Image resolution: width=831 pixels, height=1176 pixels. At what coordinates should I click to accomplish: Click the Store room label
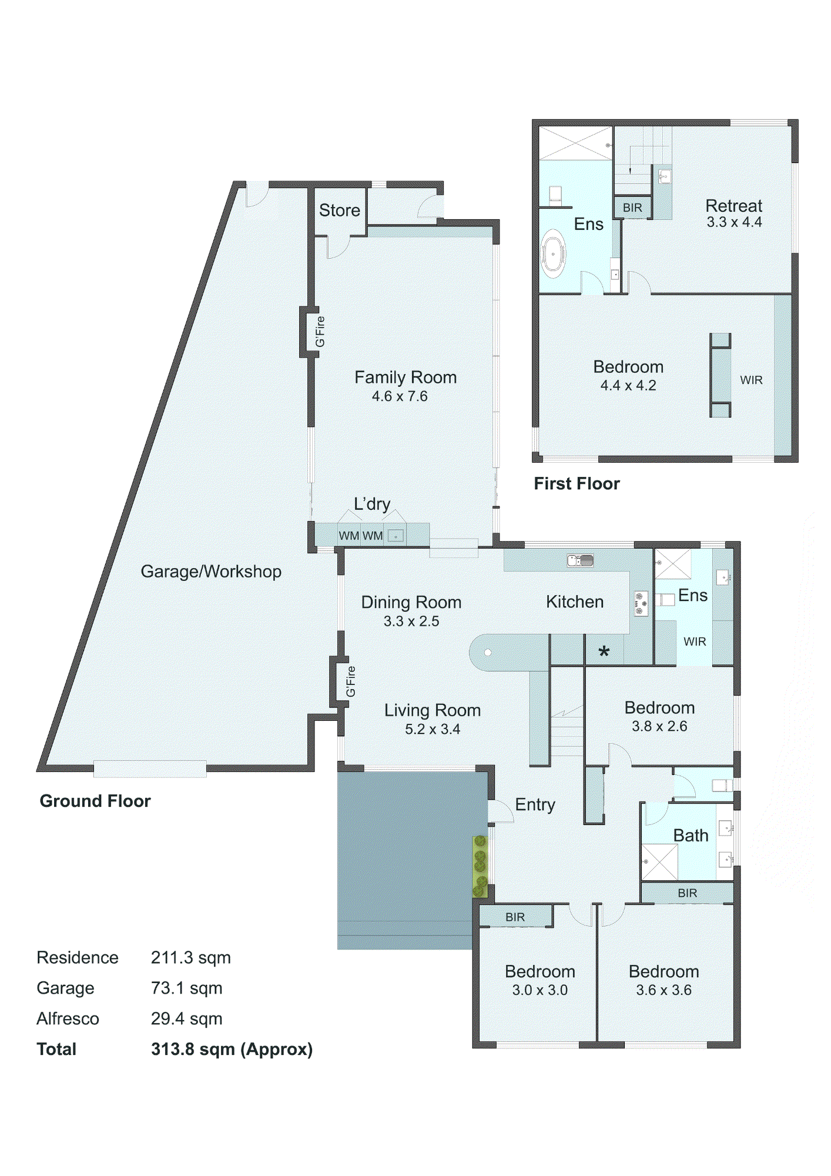coord(339,210)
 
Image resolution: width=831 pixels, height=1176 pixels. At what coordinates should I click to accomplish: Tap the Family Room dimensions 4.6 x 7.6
coord(400,396)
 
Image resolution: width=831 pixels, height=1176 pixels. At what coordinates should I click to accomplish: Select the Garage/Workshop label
coord(211,572)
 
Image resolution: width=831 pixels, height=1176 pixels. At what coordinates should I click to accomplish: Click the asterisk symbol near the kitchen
coord(604,652)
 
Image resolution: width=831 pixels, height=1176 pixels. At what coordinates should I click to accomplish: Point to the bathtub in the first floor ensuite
coord(552,254)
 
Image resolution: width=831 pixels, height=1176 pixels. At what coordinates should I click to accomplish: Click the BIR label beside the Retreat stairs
coord(632,208)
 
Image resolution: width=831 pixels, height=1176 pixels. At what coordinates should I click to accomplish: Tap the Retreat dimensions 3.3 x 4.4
coord(734,222)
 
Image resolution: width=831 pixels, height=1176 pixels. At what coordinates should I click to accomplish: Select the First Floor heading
coord(577,483)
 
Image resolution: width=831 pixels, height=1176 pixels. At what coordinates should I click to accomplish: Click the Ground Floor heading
coord(95,801)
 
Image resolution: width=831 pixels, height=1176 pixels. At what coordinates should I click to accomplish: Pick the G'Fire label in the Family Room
coord(320,332)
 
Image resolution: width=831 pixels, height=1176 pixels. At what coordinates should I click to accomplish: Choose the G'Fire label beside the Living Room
coord(351,681)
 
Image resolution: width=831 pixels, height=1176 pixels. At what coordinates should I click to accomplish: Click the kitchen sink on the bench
coord(580,560)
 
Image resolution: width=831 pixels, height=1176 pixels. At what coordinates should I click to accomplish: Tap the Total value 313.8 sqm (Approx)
coord(232,1049)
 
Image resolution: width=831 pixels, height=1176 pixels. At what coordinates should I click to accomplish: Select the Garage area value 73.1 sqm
coord(186,988)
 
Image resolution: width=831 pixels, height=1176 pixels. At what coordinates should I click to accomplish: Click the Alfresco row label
coord(68,1018)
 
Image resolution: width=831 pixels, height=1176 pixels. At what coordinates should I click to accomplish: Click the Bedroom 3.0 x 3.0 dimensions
coord(540,990)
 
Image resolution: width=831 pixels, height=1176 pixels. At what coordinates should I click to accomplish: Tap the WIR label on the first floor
coord(751,380)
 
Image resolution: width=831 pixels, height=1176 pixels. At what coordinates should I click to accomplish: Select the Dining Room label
coord(411,602)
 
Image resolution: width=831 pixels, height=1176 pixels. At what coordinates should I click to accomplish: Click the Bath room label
coord(691,836)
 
